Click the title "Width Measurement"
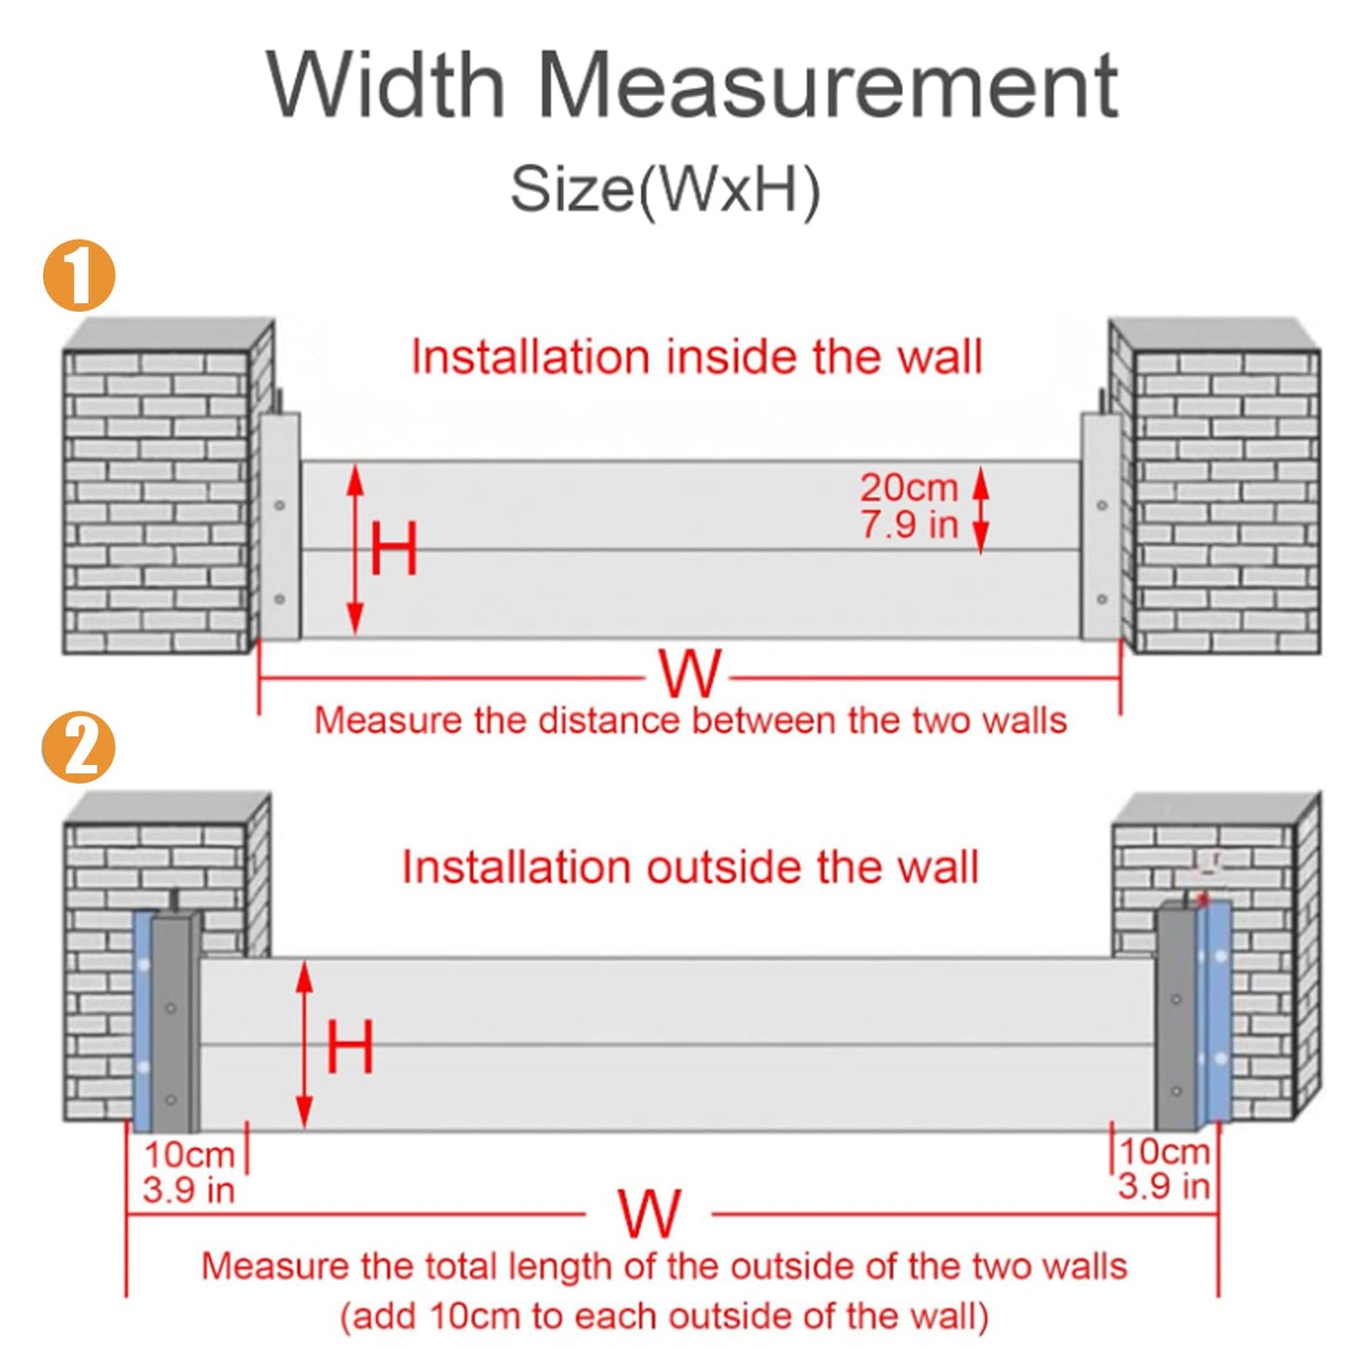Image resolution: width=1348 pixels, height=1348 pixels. coord(692,86)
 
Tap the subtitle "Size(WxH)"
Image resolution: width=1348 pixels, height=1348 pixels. coord(664,189)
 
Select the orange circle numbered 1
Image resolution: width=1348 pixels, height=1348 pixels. coord(79,275)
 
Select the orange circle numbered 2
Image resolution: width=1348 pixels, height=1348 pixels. coord(79,746)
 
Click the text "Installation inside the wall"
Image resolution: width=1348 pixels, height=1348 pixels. coord(697,357)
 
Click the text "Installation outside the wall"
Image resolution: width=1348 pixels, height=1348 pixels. coord(690,867)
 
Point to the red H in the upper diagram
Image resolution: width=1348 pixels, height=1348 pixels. coord(394,549)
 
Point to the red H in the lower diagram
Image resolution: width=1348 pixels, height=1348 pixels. coord(350,1046)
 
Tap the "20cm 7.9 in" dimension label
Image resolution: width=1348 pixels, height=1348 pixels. coord(909,506)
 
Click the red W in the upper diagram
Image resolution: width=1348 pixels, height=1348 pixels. coord(689,674)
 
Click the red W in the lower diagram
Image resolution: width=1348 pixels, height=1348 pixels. coord(649,1214)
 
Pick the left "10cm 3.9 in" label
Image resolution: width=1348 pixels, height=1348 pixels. coord(188,1172)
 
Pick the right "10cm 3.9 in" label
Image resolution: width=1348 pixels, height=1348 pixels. coord(1164,1169)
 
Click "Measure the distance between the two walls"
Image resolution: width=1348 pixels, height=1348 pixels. coord(690,721)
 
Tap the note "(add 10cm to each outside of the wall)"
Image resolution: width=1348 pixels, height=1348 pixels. coord(663,1316)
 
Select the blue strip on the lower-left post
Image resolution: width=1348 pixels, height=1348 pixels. coord(142,1021)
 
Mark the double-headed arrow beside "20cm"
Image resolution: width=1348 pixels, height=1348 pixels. coord(980,511)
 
